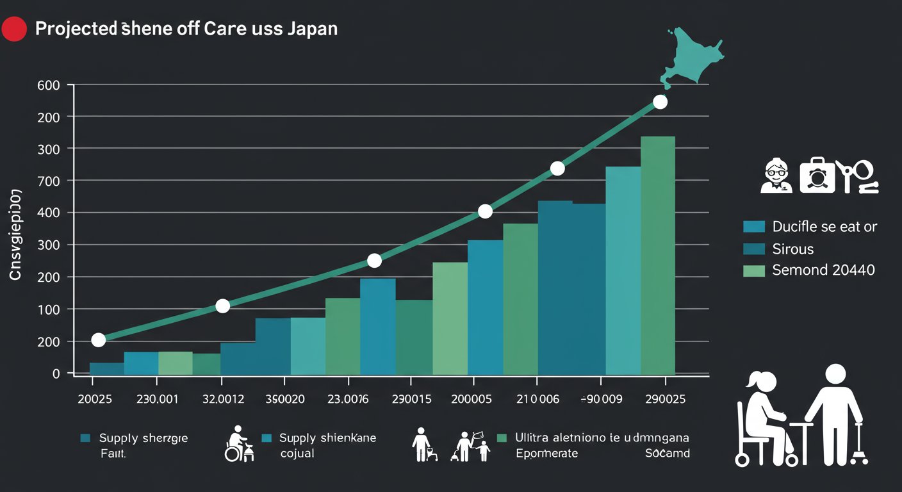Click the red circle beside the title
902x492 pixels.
[x=15, y=29]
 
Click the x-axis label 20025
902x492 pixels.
[x=94, y=399]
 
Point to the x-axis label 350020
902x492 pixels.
[x=286, y=399]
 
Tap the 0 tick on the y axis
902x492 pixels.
[x=56, y=373]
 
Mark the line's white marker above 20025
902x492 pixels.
[x=98, y=340]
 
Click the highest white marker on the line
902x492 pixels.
[x=660, y=102]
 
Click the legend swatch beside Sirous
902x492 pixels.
[x=754, y=249]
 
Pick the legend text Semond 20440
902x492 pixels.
[x=823, y=270]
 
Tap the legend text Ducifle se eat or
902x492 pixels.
[x=824, y=226]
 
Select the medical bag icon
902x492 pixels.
[x=817, y=175]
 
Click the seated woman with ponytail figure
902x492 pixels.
[x=766, y=416]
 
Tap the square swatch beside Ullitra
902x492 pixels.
[x=502, y=438]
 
